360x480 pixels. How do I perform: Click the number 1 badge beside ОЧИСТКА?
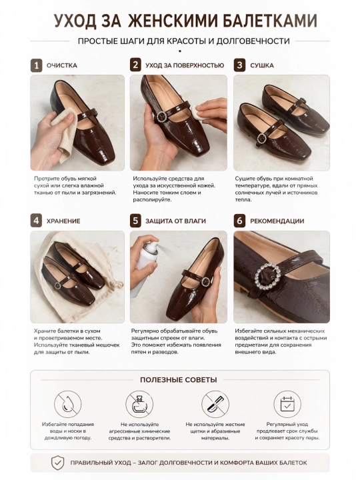[x=37, y=65]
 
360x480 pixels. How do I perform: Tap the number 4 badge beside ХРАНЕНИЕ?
[x=37, y=221]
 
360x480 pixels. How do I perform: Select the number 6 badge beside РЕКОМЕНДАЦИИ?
[x=240, y=221]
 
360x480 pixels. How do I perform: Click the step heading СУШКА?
[x=262, y=65]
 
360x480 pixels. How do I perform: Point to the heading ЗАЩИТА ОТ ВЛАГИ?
[x=175, y=221]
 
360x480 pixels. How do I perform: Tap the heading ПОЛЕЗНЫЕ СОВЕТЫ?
[x=178, y=380]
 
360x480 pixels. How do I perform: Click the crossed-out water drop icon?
[x=67, y=404]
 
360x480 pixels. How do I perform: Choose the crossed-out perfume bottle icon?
[x=139, y=404]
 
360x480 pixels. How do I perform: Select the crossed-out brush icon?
[x=215, y=404]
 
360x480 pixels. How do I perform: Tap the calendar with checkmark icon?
[x=287, y=404]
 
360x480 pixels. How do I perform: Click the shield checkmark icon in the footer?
[x=57, y=463]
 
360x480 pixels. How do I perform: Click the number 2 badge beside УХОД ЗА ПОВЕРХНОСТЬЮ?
[x=135, y=65]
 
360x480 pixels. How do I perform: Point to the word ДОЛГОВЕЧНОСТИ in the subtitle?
[x=253, y=41]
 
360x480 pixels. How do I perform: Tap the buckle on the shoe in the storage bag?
[x=57, y=285]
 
